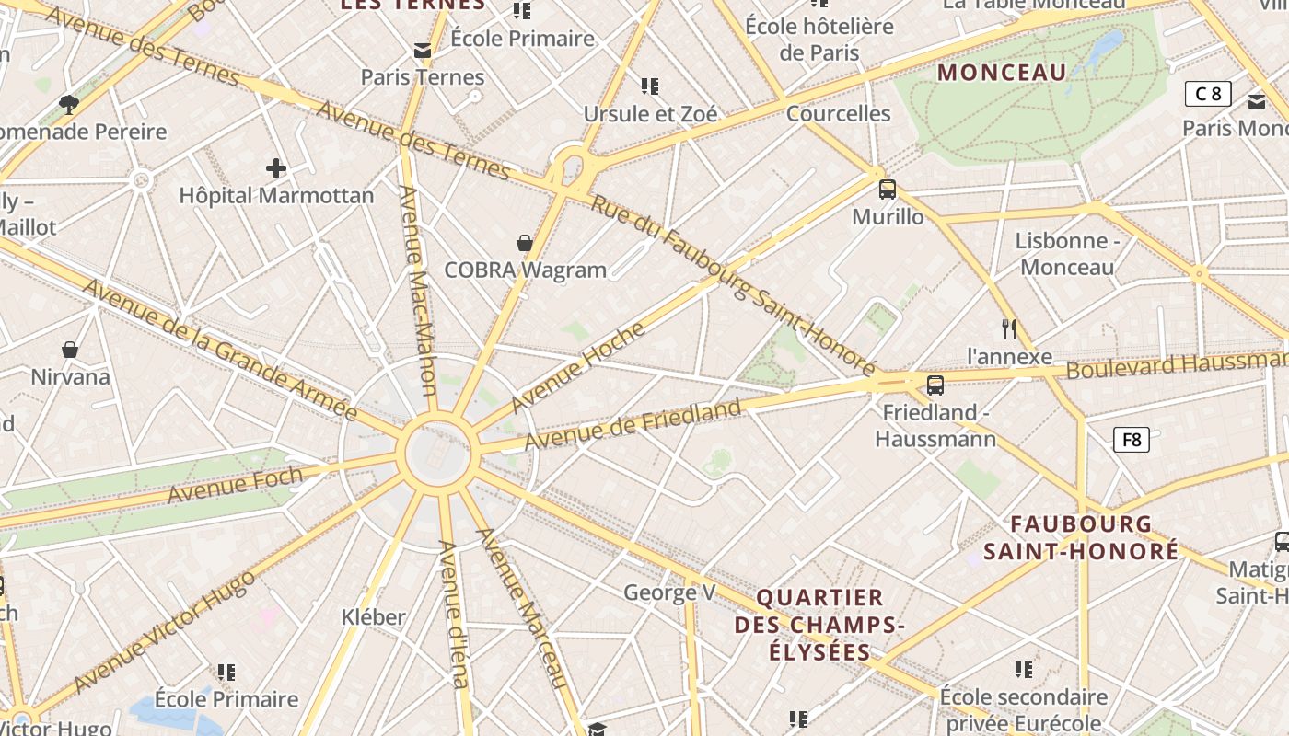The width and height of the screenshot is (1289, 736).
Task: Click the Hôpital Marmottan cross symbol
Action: tap(275, 168)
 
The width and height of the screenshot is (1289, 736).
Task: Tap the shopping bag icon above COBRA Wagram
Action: tap(524, 243)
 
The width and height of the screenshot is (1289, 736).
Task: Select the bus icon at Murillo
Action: tap(887, 190)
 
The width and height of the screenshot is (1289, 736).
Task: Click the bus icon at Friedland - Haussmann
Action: tap(935, 385)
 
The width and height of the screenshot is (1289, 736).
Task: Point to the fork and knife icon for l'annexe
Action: tap(1009, 328)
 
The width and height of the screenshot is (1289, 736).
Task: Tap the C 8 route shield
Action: tap(1207, 93)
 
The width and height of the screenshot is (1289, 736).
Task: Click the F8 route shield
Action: tap(1132, 440)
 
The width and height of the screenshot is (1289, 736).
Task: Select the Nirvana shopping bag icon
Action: tap(69, 350)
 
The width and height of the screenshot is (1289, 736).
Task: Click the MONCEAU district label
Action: tap(1002, 73)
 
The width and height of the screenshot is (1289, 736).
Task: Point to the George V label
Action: tap(669, 592)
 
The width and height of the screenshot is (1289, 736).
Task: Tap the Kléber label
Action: tap(373, 616)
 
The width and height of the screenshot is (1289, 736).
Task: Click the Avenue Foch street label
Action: tap(235, 484)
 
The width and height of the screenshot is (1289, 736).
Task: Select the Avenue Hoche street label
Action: tap(577, 367)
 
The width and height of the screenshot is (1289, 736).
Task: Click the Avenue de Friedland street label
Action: tap(633, 425)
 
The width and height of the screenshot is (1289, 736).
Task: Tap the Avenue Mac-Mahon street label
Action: tap(417, 290)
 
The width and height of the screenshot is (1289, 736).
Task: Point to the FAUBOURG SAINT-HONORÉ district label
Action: tap(1081, 537)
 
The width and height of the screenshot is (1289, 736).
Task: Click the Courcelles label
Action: tap(838, 114)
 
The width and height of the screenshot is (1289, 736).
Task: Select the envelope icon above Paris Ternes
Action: tap(423, 51)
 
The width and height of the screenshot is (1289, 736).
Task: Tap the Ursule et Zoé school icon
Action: tap(650, 86)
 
